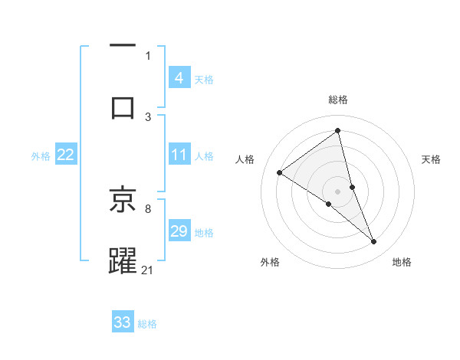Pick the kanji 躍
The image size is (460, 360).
point(123,260)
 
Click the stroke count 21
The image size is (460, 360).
point(148,270)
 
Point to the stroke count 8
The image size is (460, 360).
point(148,208)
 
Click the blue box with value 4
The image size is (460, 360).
point(179,77)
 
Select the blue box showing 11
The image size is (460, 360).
point(179,155)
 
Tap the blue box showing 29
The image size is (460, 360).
point(179,231)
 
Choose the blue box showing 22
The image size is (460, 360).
point(65,155)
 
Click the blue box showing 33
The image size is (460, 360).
point(123,322)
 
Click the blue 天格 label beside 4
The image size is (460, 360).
point(204,80)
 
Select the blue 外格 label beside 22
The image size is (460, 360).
point(41,156)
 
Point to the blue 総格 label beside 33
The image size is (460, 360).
point(147,324)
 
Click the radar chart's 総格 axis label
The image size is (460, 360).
point(338,100)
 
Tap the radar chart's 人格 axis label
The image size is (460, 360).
point(245,159)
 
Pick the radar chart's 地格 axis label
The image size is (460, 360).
point(402,262)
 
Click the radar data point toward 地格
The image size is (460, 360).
point(374,242)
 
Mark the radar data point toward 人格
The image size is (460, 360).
point(280,172)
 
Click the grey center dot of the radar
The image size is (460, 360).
point(338,191)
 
